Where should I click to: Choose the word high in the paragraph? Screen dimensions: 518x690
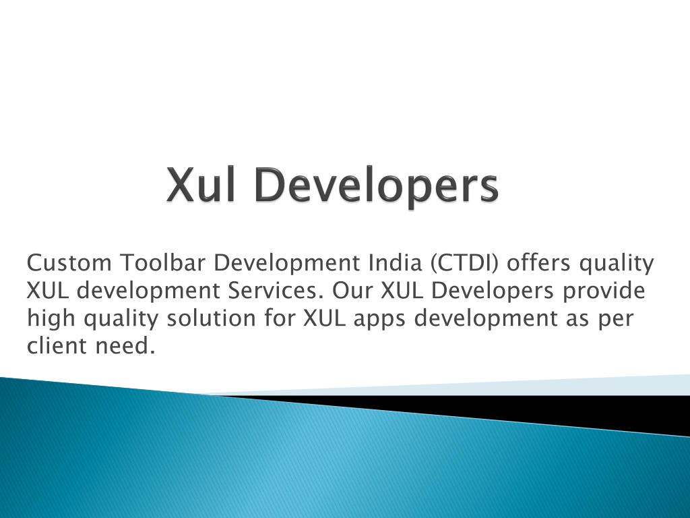click(51, 318)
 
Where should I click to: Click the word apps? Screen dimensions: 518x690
click(377, 319)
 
